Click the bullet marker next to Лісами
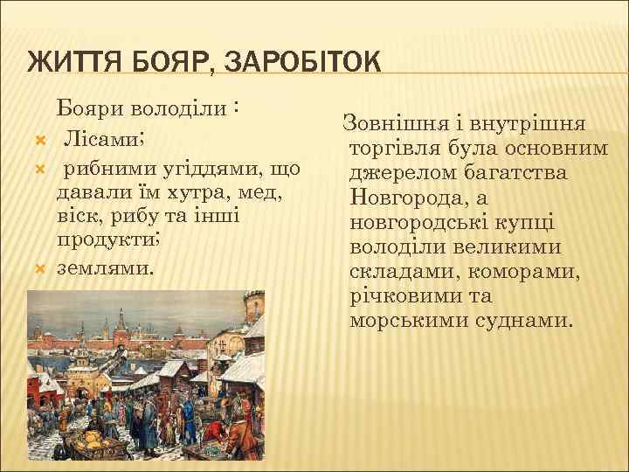click(x=36, y=140)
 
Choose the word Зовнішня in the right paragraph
click(x=391, y=124)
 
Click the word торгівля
click(x=398, y=149)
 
